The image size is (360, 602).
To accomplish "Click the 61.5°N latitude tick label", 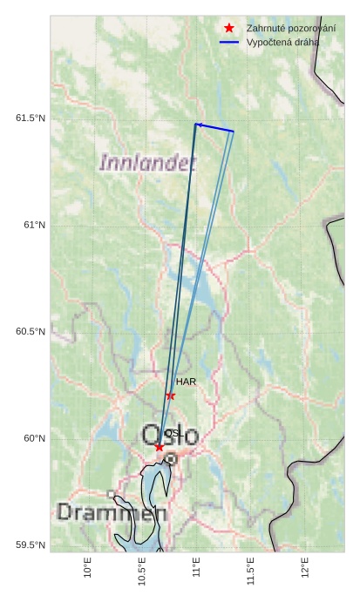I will click(31, 118).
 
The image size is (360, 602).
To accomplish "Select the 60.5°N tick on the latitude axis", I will click(31, 332).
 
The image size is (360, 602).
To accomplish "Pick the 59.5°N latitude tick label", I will click(31, 545).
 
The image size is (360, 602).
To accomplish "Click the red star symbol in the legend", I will click(229, 29).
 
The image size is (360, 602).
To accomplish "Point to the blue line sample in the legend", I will click(229, 42).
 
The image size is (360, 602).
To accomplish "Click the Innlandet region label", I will click(147, 162).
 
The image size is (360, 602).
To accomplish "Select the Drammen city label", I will click(112, 512).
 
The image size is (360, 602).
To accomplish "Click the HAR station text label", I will click(186, 382).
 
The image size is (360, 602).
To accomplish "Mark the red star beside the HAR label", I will click(171, 396).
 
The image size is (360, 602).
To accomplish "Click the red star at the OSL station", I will click(160, 447).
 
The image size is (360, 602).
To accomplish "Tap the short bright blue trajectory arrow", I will click(214, 127).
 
